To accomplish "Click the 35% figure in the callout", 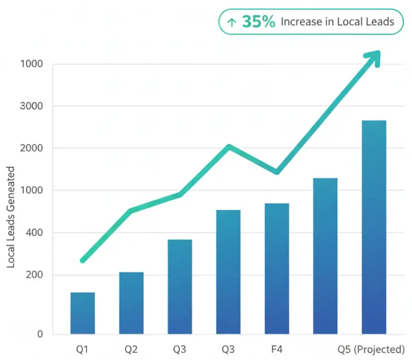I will [258, 22].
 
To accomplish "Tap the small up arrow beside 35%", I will [232, 22].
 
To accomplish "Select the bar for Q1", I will [82, 313].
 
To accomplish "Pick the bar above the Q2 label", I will [131, 303].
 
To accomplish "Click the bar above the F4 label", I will [277, 269].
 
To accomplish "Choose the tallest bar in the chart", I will [374, 227].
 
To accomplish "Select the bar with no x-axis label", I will [325, 256].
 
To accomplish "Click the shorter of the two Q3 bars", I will [180, 286].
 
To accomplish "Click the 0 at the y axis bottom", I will [40, 334].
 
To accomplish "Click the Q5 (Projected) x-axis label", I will [371, 349].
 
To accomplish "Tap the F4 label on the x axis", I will [277, 349].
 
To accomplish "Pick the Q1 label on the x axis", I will [82, 349].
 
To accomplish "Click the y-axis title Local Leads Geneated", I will [11, 217].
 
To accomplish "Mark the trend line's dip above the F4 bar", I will [277, 172].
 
